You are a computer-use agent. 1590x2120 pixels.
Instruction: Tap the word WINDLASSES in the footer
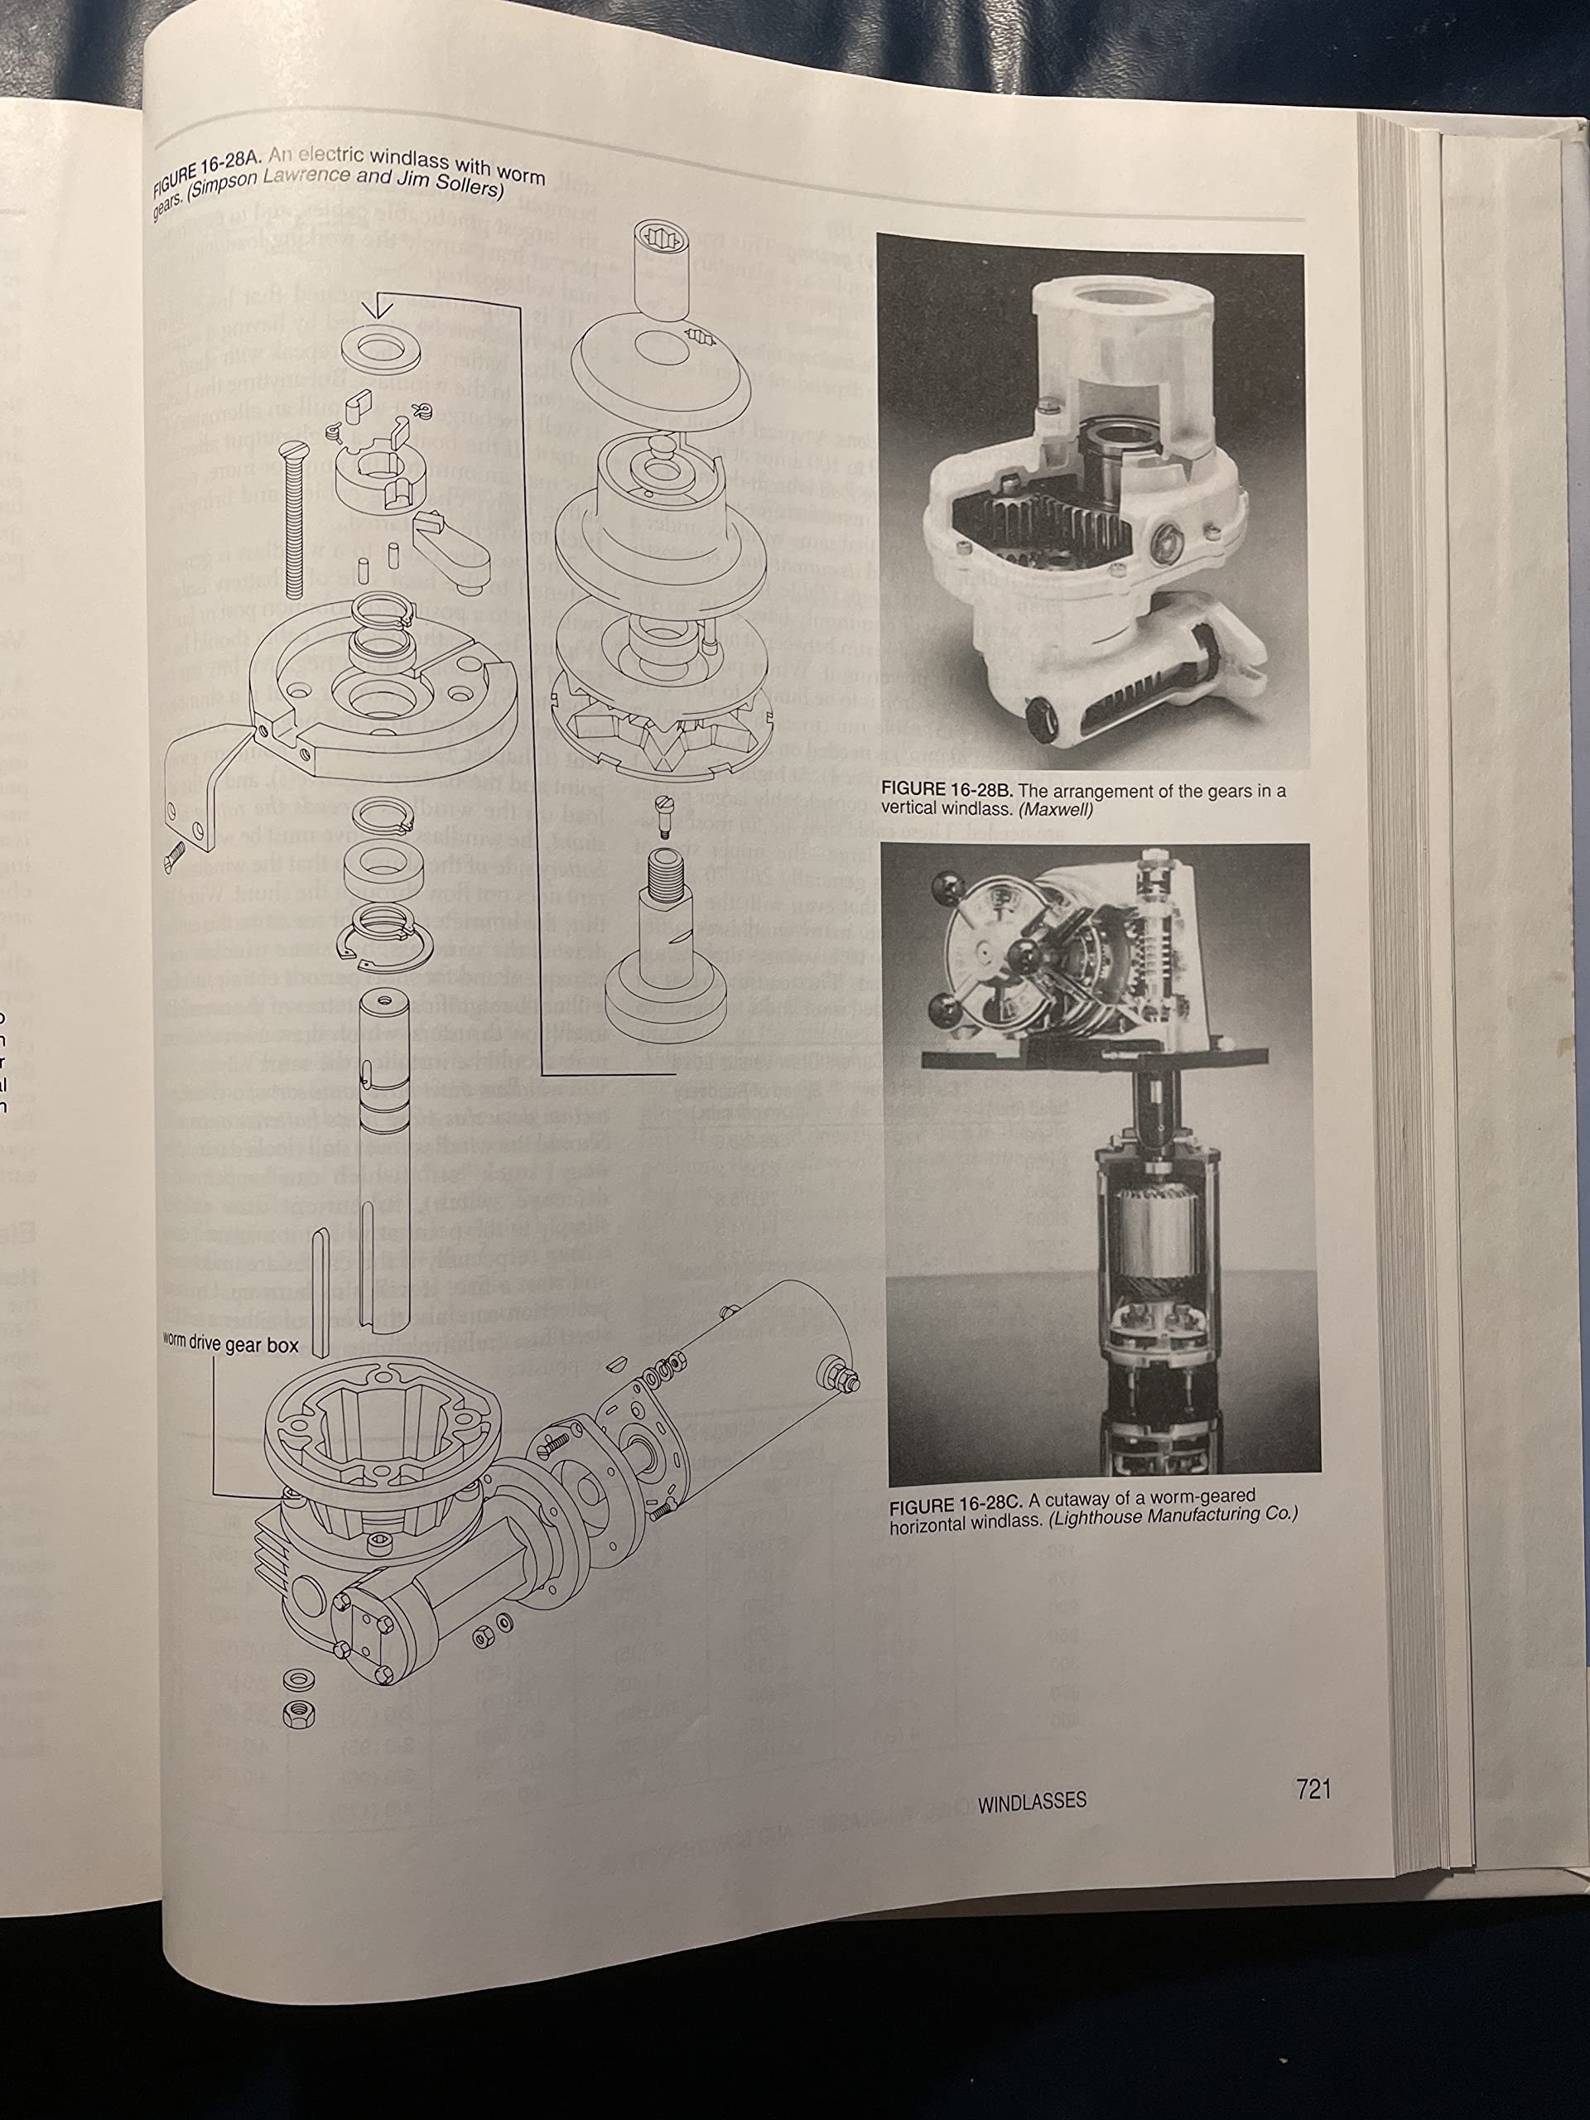[x=1032, y=1801]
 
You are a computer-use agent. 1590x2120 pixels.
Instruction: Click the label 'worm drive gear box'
[x=230, y=1346]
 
